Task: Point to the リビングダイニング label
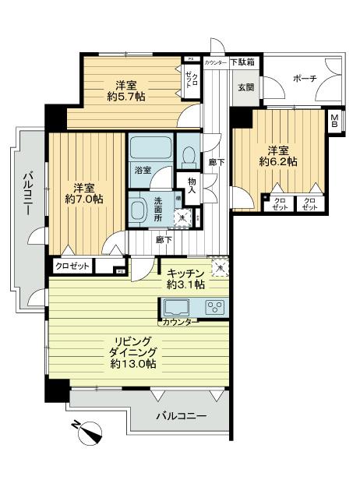[x=133, y=351]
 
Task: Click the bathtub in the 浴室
[x=149, y=149]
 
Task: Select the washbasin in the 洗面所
[x=139, y=209]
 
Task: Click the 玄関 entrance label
[x=245, y=87]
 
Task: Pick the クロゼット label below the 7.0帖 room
[x=72, y=266]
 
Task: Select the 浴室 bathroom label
[x=142, y=169]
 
